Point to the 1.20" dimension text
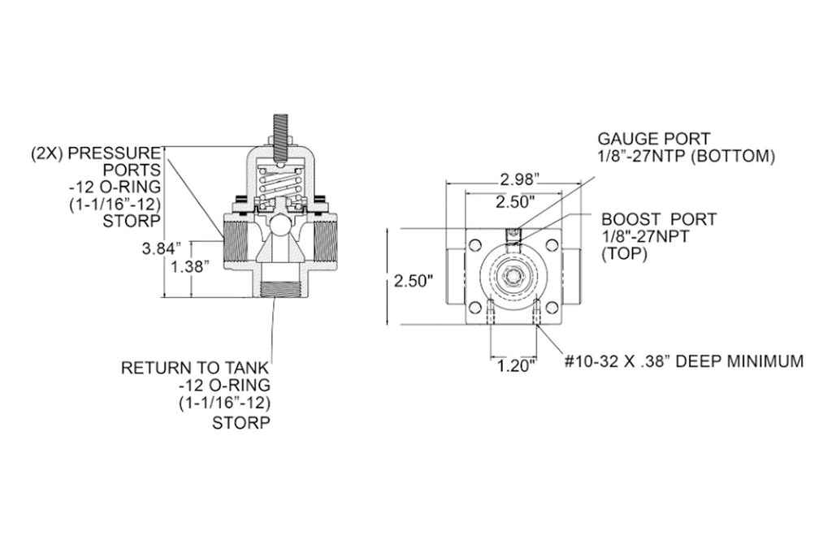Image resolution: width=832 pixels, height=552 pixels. tap(516, 366)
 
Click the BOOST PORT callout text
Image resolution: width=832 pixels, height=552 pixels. tap(659, 220)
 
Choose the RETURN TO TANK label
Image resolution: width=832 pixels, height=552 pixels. tap(195, 368)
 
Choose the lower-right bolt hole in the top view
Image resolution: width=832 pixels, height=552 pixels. tap(552, 308)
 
